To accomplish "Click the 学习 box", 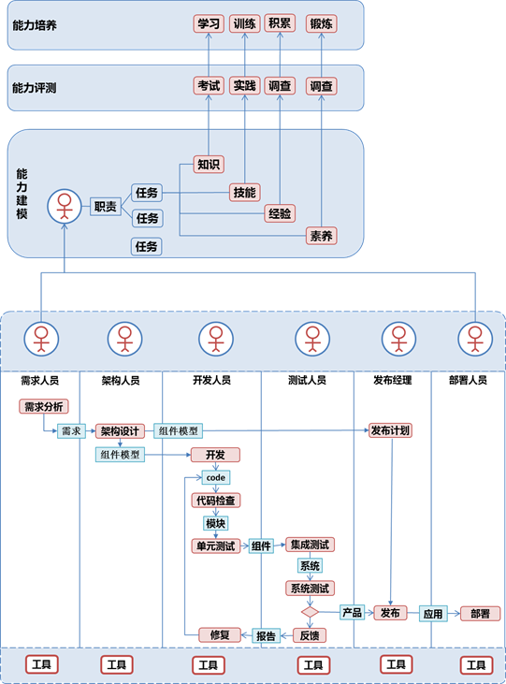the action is pyautogui.click(x=209, y=23).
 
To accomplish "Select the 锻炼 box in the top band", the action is pyautogui.click(x=322, y=23).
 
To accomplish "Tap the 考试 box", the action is pyautogui.click(x=209, y=85).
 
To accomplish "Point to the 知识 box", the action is pyautogui.click(x=209, y=165).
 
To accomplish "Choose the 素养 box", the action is pyautogui.click(x=322, y=236).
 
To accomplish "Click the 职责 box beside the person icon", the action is pyautogui.click(x=106, y=207).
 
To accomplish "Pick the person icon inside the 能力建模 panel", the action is pyautogui.click(x=65, y=207).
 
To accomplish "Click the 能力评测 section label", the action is pyautogui.click(x=35, y=88).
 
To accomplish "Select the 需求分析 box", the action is pyautogui.click(x=44, y=406).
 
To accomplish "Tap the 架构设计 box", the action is pyautogui.click(x=120, y=431).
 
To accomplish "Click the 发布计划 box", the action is pyautogui.click(x=390, y=430).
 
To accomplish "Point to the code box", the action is pyautogui.click(x=215, y=477).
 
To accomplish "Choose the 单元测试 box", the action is pyautogui.click(x=216, y=546).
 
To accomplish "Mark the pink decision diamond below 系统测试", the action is pyautogui.click(x=311, y=612).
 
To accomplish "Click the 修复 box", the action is pyautogui.click(x=220, y=635).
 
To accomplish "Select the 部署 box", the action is pyautogui.click(x=480, y=614).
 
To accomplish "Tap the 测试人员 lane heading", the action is pyautogui.click(x=307, y=381).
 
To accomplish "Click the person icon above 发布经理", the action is pyautogui.click(x=398, y=339).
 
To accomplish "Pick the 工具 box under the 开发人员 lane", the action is pyautogui.click(x=209, y=665).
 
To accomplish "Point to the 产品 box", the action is pyautogui.click(x=352, y=613).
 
